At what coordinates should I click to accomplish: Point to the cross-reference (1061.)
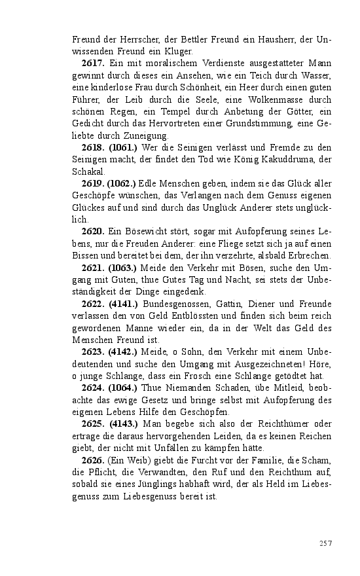[x=122, y=147]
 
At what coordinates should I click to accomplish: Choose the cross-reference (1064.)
[x=123, y=389]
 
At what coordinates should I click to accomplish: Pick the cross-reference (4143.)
[x=123, y=424]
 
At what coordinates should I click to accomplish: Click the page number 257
[x=326, y=543]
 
